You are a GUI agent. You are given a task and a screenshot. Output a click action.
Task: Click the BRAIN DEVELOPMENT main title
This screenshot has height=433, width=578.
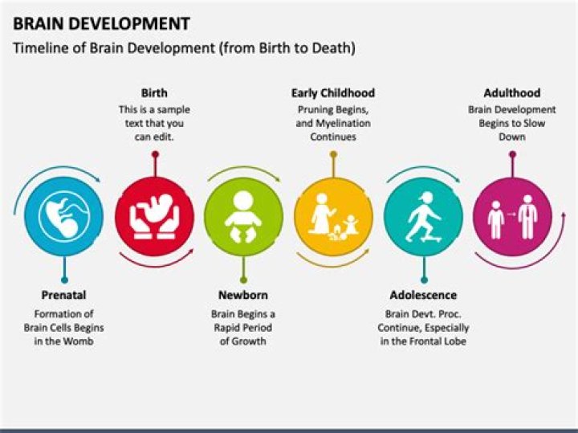coord(101,23)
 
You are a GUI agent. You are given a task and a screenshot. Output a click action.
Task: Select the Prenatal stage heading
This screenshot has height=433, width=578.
coord(63,295)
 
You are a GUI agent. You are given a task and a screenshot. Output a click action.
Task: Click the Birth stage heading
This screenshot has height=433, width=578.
coord(154,93)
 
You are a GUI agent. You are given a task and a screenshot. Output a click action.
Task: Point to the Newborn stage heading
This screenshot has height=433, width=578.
coord(243,295)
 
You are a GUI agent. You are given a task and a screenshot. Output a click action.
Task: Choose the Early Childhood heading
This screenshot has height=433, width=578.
coord(333,93)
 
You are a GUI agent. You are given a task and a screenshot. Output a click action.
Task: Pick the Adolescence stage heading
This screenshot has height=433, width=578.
coord(423,295)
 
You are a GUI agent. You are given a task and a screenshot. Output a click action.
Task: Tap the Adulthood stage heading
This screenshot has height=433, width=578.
coord(512,93)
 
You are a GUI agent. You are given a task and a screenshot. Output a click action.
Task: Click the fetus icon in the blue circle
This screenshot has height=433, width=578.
coord(64,217)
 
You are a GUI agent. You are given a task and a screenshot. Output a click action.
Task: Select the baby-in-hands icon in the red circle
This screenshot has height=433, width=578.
coord(154,217)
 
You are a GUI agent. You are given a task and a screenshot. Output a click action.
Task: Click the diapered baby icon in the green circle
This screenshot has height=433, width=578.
coord(243,217)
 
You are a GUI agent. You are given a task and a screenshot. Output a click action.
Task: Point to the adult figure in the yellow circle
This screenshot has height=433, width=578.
coord(322,214)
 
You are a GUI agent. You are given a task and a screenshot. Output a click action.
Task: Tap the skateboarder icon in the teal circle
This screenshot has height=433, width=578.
coord(423,217)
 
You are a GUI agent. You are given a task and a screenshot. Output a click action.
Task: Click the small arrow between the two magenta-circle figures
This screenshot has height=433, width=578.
coord(511,214)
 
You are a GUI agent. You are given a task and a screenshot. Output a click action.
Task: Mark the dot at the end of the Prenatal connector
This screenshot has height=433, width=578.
coord(64,280)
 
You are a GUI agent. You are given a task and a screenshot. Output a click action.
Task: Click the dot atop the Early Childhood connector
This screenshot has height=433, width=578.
coord(333,154)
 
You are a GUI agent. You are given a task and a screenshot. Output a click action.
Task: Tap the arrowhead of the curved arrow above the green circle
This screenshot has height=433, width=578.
coord(278,180)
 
